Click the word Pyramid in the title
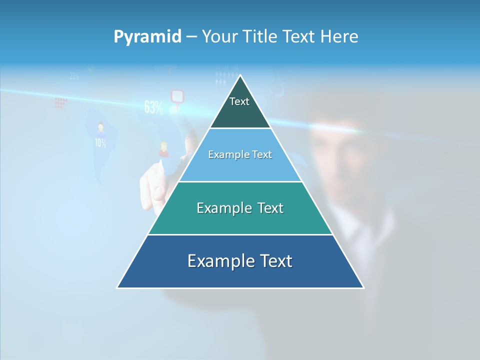147,37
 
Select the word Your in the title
219,37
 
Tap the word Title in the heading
260,37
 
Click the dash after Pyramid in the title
191,37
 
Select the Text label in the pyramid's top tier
239,101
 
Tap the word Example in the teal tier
219,208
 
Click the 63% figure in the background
153,107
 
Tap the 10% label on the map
100,143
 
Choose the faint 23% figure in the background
74,76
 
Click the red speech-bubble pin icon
177,96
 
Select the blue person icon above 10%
100,128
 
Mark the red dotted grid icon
60,102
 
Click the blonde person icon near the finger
163,149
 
